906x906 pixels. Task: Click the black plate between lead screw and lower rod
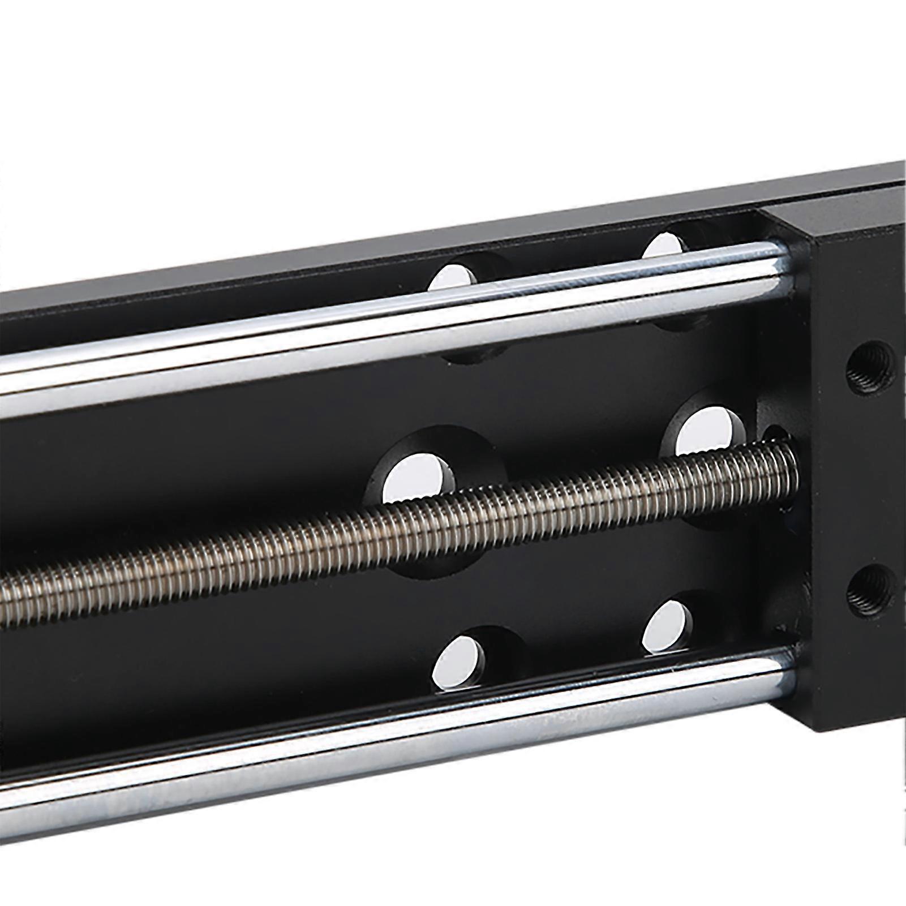click(283, 645)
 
